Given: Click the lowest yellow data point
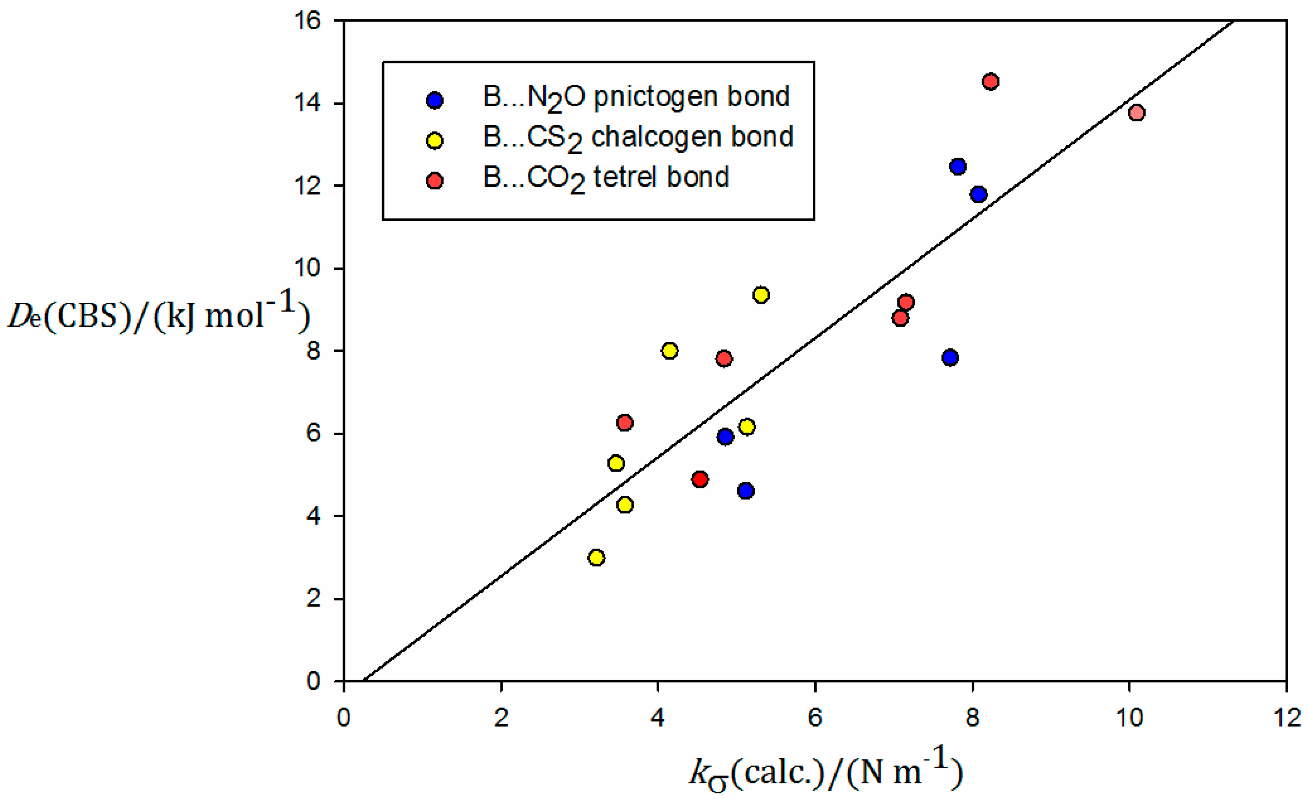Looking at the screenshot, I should pyautogui.click(x=596, y=557).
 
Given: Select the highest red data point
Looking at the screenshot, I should pyautogui.click(x=990, y=81).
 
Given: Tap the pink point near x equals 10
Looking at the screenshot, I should pyautogui.click(x=1136, y=113).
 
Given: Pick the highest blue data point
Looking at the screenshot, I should pyautogui.click(x=958, y=166).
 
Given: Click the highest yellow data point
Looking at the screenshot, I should pyautogui.click(x=761, y=295).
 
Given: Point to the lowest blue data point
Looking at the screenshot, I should pyautogui.click(x=745, y=490).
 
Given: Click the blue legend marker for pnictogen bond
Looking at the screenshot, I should pyautogui.click(x=435, y=100).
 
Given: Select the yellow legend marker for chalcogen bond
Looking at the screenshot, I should pyautogui.click(x=435, y=141).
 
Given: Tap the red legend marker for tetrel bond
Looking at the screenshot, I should pyautogui.click(x=435, y=181).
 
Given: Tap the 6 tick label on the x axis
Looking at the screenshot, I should pyautogui.click(x=815, y=718).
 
